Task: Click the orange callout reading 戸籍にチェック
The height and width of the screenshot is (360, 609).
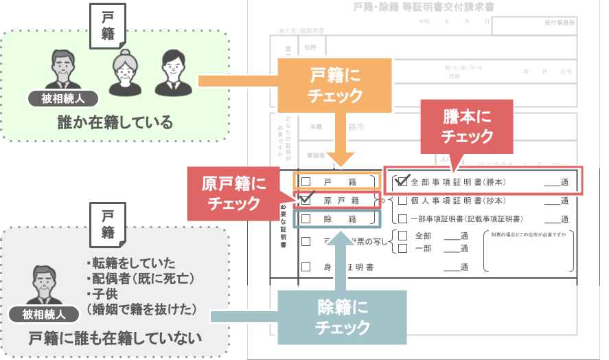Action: (x=334, y=85)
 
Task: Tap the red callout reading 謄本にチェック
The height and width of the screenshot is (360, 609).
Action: (x=467, y=126)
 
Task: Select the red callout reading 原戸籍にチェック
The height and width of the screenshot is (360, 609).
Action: (x=233, y=194)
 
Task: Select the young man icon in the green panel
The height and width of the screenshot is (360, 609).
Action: (x=171, y=72)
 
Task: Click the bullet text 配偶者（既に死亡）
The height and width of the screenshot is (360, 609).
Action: (x=140, y=278)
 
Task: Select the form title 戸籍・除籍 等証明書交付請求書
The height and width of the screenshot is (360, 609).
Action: (x=423, y=8)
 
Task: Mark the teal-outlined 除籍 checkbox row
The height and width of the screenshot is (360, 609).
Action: (x=336, y=218)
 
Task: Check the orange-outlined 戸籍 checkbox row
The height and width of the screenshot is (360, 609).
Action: (x=336, y=180)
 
